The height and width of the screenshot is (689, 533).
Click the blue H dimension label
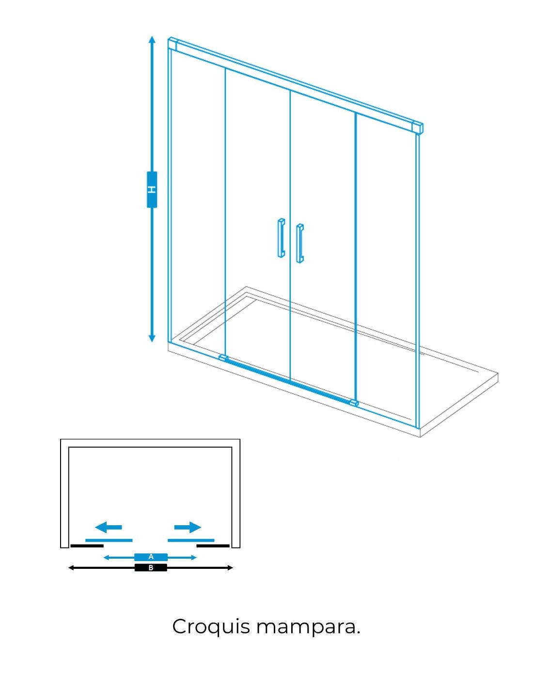(x=152, y=189)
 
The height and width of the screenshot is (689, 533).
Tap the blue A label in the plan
(x=151, y=557)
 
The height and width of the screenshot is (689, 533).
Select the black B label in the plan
(x=151, y=567)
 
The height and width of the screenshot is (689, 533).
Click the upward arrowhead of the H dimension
(x=152, y=40)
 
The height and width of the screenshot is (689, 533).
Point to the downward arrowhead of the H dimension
(x=152, y=338)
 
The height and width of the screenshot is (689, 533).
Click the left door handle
(x=281, y=237)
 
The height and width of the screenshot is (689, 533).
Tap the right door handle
(x=299, y=243)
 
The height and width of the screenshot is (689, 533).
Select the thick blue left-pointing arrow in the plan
(x=108, y=527)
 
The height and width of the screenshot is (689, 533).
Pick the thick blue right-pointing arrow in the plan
(x=188, y=527)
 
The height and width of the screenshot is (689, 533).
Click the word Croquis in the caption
(x=211, y=626)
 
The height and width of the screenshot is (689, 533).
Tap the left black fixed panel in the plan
(x=87, y=546)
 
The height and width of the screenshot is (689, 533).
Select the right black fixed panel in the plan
(x=213, y=546)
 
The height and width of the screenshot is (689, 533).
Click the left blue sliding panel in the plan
(x=109, y=540)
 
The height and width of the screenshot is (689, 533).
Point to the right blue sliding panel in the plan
(x=191, y=540)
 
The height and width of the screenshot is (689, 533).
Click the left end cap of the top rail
(x=172, y=43)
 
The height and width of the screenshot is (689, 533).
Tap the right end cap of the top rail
(x=417, y=127)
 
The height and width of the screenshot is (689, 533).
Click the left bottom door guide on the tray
(x=223, y=358)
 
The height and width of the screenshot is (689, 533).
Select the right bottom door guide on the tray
(x=353, y=403)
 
